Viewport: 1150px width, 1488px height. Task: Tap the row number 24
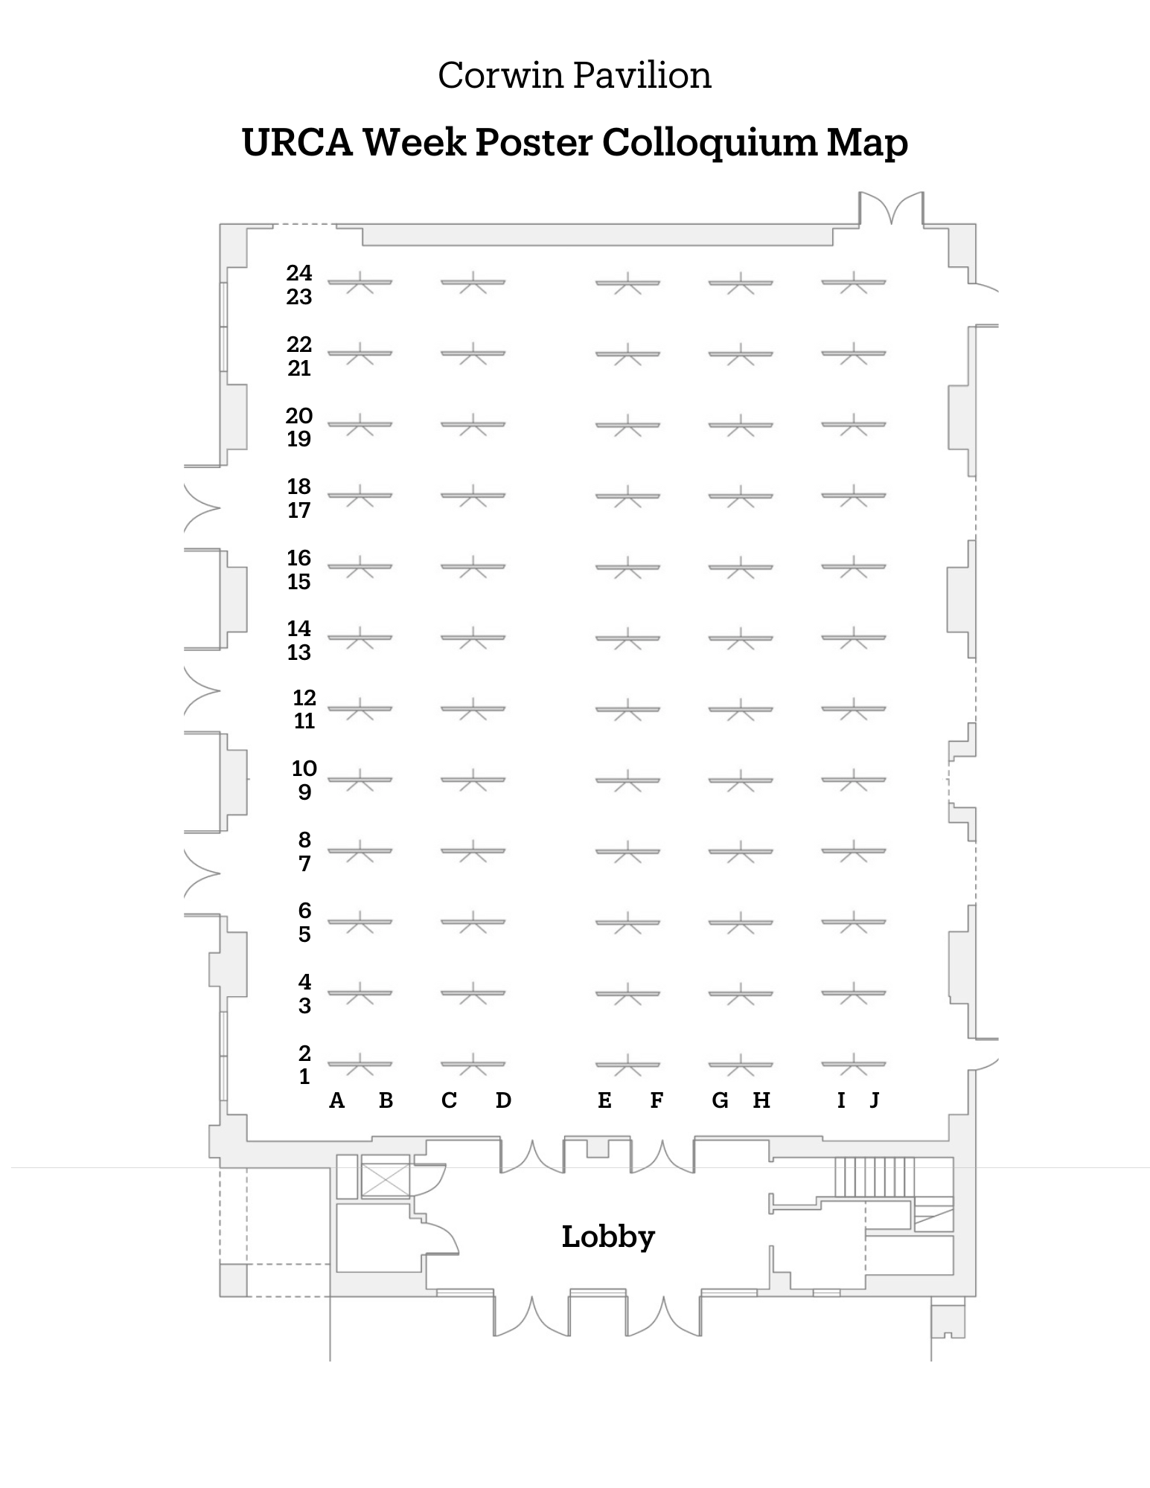click(x=299, y=273)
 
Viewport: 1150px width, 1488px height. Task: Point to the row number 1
click(x=304, y=1077)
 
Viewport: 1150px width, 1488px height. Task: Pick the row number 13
click(x=299, y=652)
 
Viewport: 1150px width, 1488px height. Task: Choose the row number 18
click(x=299, y=487)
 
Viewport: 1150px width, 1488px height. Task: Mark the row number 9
click(x=304, y=792)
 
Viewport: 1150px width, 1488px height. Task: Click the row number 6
click(x=304, y=911)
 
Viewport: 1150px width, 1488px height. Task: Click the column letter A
click(x=337, y=1100)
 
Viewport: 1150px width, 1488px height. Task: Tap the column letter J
click(x=875, y=1100)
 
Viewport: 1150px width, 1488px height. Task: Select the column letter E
click(x=604, y=1100)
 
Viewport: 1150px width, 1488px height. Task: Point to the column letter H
click(x=761, y=1100)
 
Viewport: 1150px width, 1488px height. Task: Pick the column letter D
click(x=503, y=1100)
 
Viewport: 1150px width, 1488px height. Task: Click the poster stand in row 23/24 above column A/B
click(x=360, y=283)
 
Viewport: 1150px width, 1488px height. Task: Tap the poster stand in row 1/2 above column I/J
click(x=854, y=1064)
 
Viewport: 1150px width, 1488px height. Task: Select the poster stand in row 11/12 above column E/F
click(x=627, y=709)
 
